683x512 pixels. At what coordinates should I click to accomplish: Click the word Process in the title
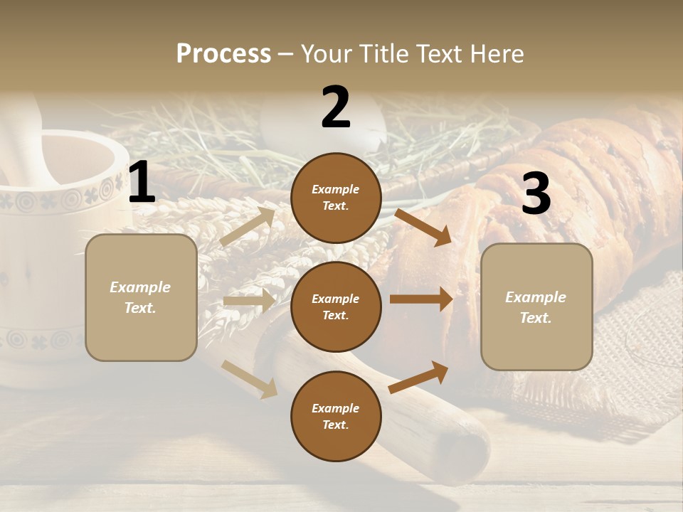coord(223,53)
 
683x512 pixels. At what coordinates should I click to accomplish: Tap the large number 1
coord(142,183)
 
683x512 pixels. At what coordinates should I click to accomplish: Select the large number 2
coord(336,107)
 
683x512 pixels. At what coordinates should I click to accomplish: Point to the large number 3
coord(536,194)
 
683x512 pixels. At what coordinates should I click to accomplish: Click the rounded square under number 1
coord(141,297)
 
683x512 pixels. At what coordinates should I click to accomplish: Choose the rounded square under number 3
coord(536,306)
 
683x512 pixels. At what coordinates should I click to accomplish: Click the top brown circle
coord(336,198)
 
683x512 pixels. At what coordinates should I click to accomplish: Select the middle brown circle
coord(336,306)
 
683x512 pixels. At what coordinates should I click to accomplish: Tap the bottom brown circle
coord(336,416)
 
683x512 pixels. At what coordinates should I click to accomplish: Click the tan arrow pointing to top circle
coord(248,226)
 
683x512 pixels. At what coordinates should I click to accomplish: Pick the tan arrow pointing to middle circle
coord(249,301)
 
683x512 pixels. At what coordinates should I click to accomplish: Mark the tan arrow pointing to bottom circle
coord(249,379)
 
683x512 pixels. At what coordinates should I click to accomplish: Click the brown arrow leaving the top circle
coord(423,227)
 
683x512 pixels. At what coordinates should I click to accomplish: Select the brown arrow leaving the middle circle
coord(421,299)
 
